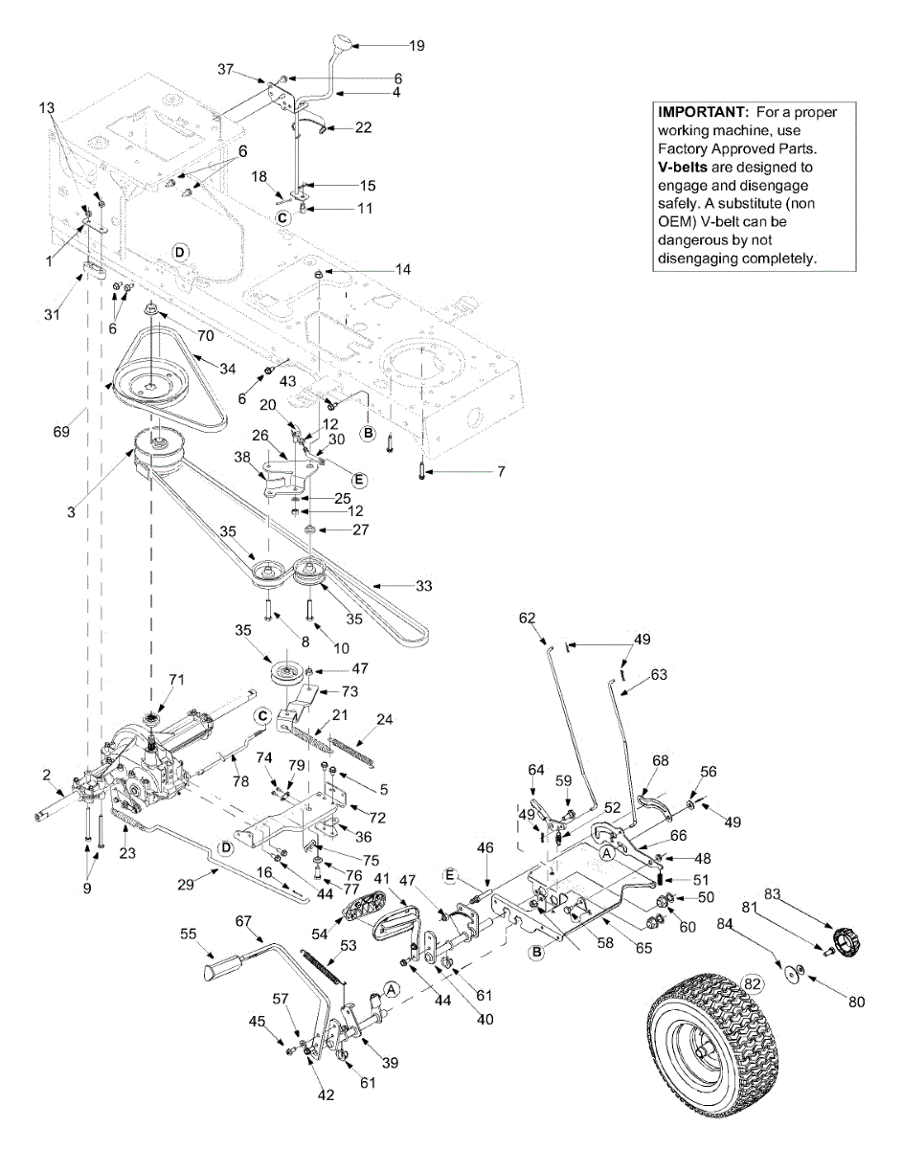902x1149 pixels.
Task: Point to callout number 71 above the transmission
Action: (x=175, y=680)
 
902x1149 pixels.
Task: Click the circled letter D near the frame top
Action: (x=182, y=251)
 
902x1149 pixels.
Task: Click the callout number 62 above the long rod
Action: (x=529, y=618)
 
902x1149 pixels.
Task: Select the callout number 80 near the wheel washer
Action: (x=856, y=1003)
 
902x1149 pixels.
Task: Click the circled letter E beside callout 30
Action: (x=359, y=480)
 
